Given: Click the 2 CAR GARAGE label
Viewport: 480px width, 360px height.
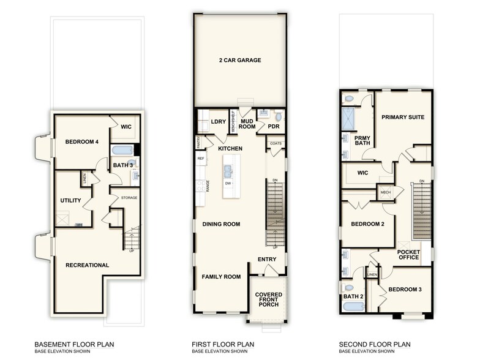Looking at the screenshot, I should coord(240,61).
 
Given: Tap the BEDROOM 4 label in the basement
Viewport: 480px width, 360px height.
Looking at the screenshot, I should coord(81,142).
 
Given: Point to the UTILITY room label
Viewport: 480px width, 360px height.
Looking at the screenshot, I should coord(70,200).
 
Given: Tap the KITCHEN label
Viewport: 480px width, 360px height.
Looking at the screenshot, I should coord(230,149).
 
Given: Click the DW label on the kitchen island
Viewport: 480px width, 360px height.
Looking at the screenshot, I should coord(228,183).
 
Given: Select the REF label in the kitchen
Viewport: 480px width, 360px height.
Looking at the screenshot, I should coord(200,159).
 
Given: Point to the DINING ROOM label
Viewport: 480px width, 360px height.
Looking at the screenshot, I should coord(222,224).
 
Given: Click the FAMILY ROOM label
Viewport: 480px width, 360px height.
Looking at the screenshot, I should coord(221,277).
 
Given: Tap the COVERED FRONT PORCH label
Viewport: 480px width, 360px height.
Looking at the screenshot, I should coord(268,299).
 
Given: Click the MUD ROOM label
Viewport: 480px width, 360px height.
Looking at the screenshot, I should coord(247,125).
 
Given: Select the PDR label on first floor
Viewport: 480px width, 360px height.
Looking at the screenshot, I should coord(274,127).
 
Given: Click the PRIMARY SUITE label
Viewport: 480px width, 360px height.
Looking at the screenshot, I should coord(403,116).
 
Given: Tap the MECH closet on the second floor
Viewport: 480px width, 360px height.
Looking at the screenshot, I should coord(385,192).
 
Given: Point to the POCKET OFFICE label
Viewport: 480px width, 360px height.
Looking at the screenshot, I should coord(408,255).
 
